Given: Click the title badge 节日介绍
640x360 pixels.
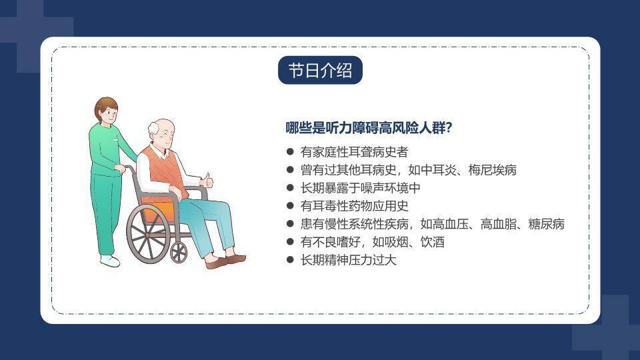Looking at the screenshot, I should pyautogui.click(x=320, y=71).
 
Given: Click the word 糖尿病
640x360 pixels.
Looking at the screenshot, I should pyautogui.click(x=546, y=224).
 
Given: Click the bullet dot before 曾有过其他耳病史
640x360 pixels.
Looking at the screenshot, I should pyautogui.click(x=290, y=170).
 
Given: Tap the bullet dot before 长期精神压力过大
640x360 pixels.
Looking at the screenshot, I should pyautogui.click(x=290, y=260).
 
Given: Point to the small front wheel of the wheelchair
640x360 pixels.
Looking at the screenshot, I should pyautogui.click(x=179, y=252).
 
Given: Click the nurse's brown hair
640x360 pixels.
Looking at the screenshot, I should pyautogui.click(x=105, y=105).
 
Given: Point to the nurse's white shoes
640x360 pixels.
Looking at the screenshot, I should pyautogui.click(x=110, y=261).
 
